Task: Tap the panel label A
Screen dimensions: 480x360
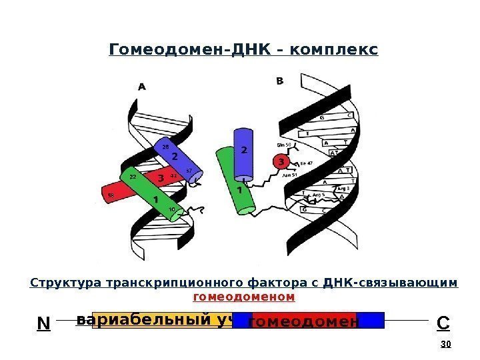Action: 142,86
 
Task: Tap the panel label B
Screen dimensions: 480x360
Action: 279,81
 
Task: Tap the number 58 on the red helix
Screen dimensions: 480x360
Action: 111,195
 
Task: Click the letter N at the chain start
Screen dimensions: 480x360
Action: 43,324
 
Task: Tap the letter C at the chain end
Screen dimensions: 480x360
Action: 442,323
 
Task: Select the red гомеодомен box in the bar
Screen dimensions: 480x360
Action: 303,321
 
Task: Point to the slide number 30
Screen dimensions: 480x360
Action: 446,344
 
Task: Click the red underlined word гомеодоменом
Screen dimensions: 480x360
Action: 244,295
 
